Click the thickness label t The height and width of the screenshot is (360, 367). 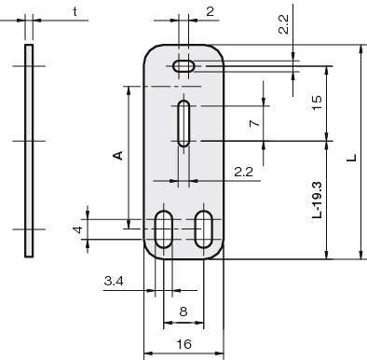[75, 12]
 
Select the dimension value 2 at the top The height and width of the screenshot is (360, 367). [211, 11]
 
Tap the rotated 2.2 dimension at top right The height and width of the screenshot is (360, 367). [283, 24]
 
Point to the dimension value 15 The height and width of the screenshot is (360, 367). [317, 103]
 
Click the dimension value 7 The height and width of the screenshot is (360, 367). [254, 123]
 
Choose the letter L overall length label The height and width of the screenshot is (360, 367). [352, 158]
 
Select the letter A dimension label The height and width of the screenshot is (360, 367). [119, 156]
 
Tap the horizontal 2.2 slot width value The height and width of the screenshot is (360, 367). [243, 172]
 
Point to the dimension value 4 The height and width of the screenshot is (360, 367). [78, 229]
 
